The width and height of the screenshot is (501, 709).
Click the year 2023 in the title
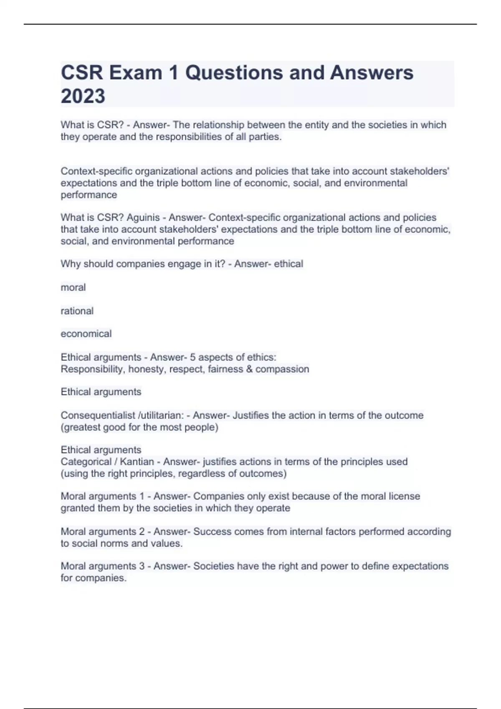point(83,96)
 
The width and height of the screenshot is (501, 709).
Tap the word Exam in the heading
point(136,73)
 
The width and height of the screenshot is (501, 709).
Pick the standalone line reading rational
point(77,311)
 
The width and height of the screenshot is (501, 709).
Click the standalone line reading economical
point(86,334)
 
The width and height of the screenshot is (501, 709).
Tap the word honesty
point(147,369)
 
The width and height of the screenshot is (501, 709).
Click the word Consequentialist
point(98,415)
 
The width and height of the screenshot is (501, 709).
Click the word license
point(404,496)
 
